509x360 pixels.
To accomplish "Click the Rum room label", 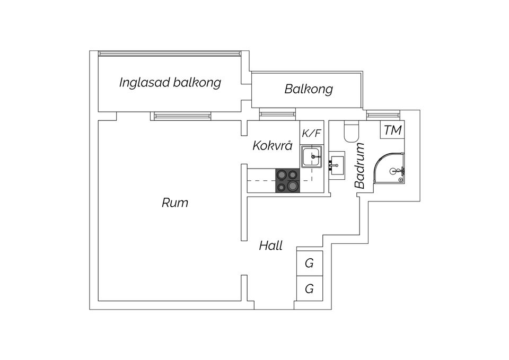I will coord(175,203).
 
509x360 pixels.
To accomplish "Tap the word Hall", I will coord(270,245).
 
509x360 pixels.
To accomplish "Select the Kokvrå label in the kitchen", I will coord(272,145).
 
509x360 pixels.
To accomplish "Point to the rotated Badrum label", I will coord(360,166).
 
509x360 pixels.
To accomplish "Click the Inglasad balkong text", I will coord(170,83).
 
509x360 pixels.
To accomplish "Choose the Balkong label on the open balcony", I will coord(309,89).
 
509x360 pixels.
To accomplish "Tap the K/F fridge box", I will coord(312,133).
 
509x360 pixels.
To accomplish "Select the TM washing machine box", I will coord(392,130).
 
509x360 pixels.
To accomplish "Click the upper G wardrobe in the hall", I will coord(310,262).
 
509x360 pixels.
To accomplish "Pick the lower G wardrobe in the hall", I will coord(310,289).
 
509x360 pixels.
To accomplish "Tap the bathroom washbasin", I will coord(336,164).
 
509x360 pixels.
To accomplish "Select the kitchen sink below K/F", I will coord(312,157).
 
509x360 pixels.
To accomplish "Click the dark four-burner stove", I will coord(287,180).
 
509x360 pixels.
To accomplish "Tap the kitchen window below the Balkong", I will coord(276,113).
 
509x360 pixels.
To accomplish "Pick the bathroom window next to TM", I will coord(383,113).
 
